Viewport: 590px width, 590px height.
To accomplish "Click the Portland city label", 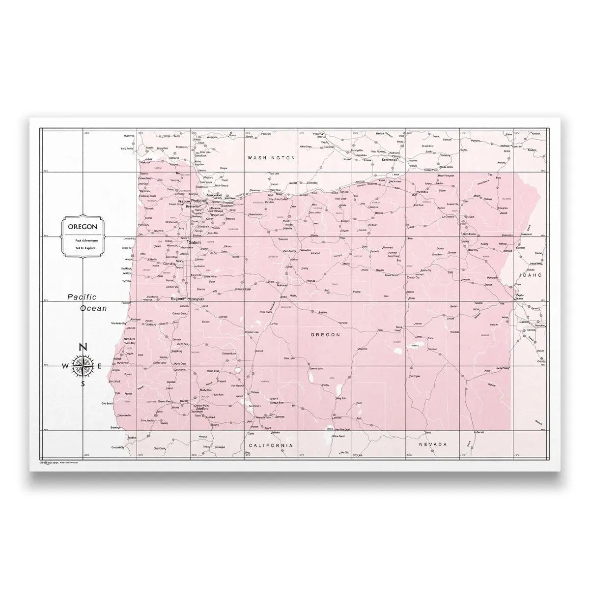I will (x=198, y=202).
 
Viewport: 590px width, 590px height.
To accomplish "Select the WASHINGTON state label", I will (x=271, y=158).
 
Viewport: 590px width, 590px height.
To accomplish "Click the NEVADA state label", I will (x=433, y=444).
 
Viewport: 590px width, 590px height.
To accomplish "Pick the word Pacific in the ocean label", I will (x=82, y=297).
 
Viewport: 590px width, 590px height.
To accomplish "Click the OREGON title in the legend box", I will (x=83, y=227).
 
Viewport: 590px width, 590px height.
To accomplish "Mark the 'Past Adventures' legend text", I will (x=83, y=240).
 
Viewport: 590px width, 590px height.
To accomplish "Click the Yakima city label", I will (x=320, y=134).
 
